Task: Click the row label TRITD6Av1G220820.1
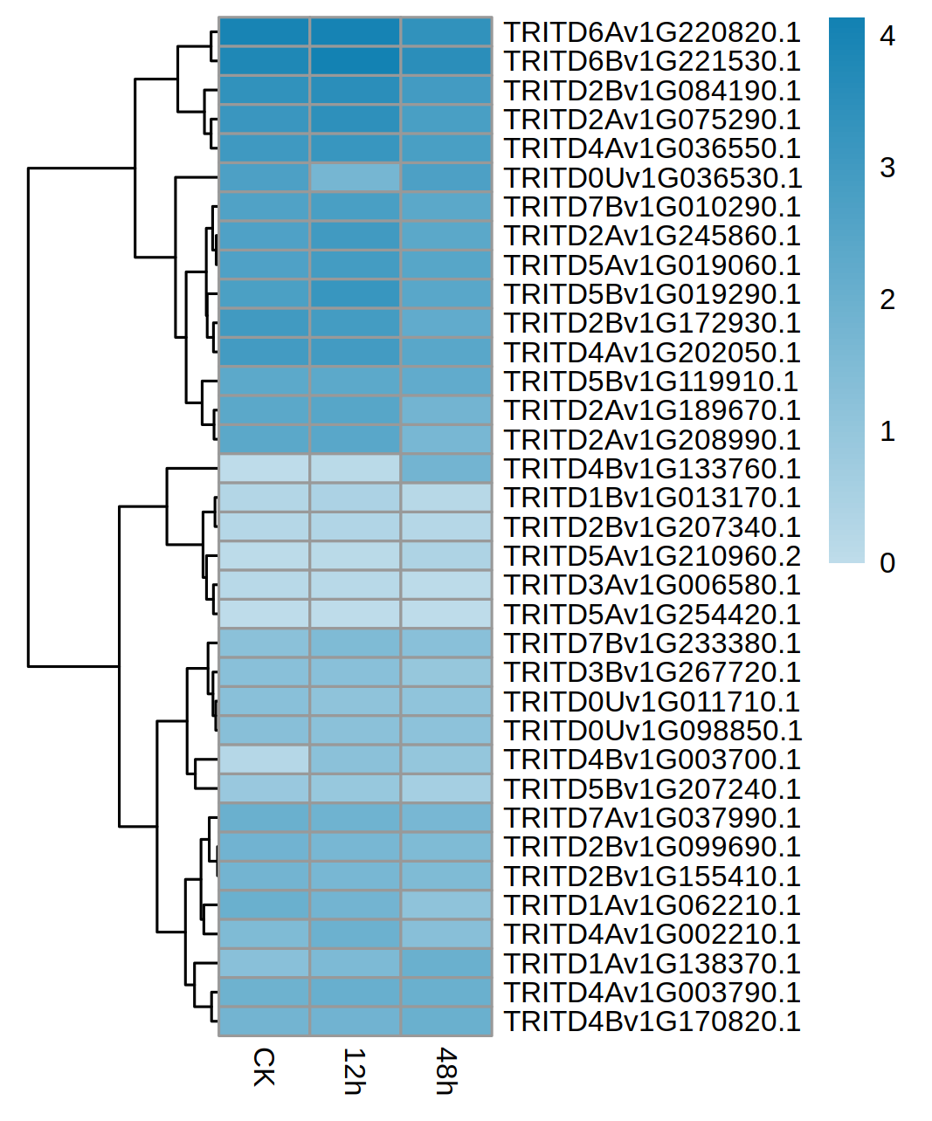pyautogui.click(x=652, y=32)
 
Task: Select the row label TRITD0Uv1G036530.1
pyautogui.click(x=652, y=178)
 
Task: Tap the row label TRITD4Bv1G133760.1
pyautogui.click(x=652, y=469)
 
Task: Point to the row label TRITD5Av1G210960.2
pyautogui.click(x=652, y=556)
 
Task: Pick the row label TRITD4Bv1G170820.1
pyautogui.click(x=652, y=1021)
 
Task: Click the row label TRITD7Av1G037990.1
pyautogui.click(x=652, y=818)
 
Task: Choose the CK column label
pyautogui.click(x=264, y=1067)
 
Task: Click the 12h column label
pyautogui.click(x=354, y=1070)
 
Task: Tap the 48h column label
pyautogui.click(x=445, y=1070)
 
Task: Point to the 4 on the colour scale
pyautogui.click(x=887, y=36)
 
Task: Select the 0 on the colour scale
pyautogui.click(x=887, y=563)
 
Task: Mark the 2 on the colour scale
pyautogui.click(x=887, y=299)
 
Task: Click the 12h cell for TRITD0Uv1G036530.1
pyautogui.click(x=355, y=178)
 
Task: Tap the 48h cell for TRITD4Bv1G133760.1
pyautogui.click(x=446, y=469)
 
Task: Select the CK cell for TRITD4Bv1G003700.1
pyautogui.click(x=264, y=760)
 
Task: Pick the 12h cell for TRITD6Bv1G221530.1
pyautogui.click(x=355, y=61)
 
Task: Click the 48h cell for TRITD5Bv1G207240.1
pyautogui.click(x=446, y=788)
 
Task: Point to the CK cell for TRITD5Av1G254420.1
pyautogui.click(x=264, y=614)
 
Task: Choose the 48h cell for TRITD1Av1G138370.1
pyautogui.click(x=446, y=963)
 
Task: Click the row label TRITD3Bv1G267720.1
pyautogui.click(x=652, y=672)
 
